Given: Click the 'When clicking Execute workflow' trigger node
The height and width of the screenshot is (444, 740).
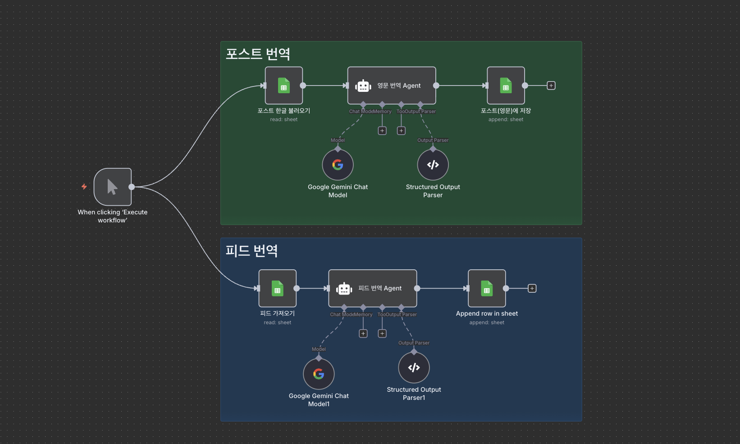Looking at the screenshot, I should point(113,187).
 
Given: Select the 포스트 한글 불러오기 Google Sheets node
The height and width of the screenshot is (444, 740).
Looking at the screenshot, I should point(284,86).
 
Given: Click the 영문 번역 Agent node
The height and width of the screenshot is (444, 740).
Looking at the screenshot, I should point(392,86).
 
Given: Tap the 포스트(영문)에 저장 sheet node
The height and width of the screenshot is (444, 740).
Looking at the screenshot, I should point(506,86).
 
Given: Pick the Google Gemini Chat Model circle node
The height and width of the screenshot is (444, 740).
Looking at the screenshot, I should point(338,165).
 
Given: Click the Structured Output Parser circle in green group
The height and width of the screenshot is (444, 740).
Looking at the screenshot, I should point(433,165).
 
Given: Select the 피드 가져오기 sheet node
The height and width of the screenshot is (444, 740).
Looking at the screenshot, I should point(278,289).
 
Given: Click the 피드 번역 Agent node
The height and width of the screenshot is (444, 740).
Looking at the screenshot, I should point(373,289).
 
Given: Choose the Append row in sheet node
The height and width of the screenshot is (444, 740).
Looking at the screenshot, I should point(487,289).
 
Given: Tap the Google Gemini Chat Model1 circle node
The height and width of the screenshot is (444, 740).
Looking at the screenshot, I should point(319,374).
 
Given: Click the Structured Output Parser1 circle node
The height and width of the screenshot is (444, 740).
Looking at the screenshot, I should point(414,368).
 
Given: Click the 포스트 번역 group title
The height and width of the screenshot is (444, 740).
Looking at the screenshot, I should point(258,54).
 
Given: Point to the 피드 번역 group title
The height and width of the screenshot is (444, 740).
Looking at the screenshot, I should point(251,251).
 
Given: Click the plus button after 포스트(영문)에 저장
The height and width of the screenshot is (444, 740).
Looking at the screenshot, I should point(551,86).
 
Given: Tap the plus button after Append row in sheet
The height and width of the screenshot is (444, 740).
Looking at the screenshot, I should point(532,289).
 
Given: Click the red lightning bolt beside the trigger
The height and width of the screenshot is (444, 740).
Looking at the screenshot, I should point(84,186).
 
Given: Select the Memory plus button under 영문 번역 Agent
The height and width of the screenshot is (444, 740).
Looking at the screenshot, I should point(382,131).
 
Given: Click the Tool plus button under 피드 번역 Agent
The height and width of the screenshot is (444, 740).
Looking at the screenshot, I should point(382,334).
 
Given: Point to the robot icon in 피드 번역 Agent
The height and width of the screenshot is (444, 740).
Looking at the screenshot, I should point(344,289).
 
